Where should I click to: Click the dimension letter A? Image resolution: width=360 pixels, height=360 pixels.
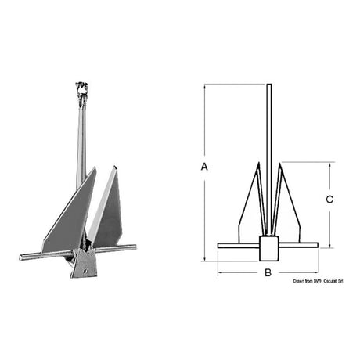pyautogui.click(x=204, y=167)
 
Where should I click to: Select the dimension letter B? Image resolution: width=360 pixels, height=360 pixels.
pyautogui.click(x=268, y=272)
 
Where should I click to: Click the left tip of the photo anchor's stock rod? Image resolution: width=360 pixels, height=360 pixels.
pyautogui.click(x=20, y=257)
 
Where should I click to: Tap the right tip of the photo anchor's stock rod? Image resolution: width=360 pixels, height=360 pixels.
pyautogui.click(x=134, y=247)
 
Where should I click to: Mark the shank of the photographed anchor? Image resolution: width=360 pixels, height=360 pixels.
pyautogui.click(x=80, y=141)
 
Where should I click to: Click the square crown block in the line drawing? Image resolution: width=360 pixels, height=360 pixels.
pyautogui.click(x=268, y=249)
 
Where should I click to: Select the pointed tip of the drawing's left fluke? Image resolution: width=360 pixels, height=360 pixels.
pyautogui.click(x=257, y=164)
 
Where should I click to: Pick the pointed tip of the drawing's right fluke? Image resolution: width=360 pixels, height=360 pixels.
pyautogui.click(x=279, y=164)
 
